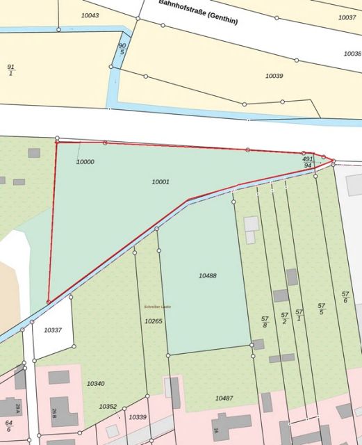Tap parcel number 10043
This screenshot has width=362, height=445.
[x=90, y=15]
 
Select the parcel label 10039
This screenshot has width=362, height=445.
[x=274, y=75]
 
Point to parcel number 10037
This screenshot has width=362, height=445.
[x=347, y=17]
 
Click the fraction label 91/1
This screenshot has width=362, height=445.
[x=10, y=70]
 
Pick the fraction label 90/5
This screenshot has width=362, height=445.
[x=122, y=49]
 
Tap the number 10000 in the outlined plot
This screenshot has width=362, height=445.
[x=85, y=161]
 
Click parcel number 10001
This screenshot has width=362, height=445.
[x=161, y=181]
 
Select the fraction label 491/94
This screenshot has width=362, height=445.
[x=307, y=162]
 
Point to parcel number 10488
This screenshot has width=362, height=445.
[x=208, y=276]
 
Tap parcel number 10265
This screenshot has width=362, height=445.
[x=153, y=321]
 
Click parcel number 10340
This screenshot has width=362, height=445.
[x=95, y=383]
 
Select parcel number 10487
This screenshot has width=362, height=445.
[x=224, y=398]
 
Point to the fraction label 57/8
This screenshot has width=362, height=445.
[x=265, y=322]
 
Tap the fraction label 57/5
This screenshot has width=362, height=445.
[x=321, y=309]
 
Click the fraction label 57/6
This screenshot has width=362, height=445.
[x=345, y=297]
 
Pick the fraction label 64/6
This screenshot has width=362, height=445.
[x=8, y=426]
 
